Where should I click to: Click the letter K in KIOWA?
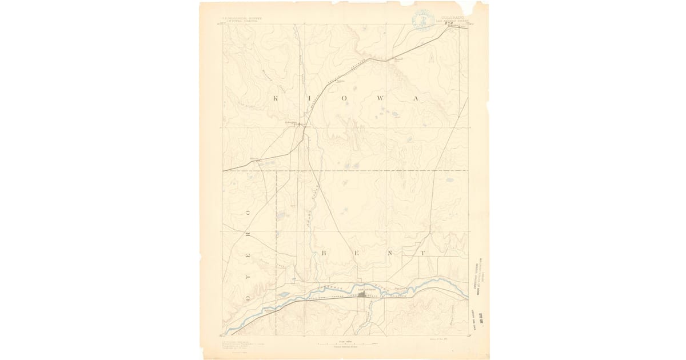(276, 98)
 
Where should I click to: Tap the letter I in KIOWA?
(310, 98)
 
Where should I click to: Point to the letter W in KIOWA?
(381, 98)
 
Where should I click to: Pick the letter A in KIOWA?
(417, 98)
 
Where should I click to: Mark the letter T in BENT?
(424, 252)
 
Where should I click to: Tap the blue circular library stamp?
(422, 19)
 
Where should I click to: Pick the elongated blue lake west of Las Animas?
(284, 294)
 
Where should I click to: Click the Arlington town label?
(292, 122)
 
